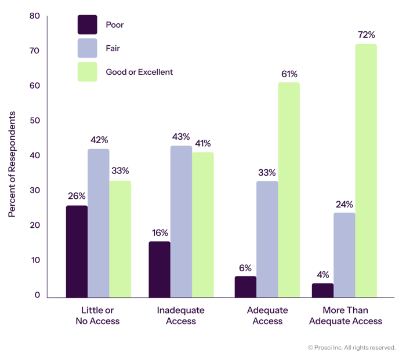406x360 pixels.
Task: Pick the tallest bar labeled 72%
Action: tap(366, 170)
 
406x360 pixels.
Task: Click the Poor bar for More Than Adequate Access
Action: tap(322, 290)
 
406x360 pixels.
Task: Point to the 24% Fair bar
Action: tap(345, 254)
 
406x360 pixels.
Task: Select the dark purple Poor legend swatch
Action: tap(87, 24)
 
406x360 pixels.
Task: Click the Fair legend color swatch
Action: tap(87, 48)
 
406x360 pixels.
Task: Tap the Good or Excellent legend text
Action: tap(140, 72)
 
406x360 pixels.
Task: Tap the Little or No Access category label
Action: tap(97, 316)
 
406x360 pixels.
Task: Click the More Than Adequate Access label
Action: tap(346, 316)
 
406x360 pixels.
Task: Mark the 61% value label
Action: tap(289, 74)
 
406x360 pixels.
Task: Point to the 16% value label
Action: tap(159, 232)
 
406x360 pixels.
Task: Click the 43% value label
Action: tap(181, 137)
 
